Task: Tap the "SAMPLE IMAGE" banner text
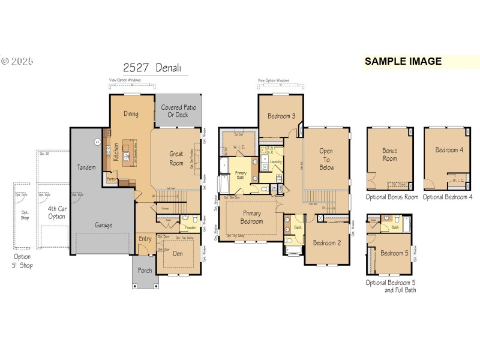click(403, 61)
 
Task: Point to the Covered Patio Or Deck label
click(178, 111)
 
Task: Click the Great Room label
click(176, 158)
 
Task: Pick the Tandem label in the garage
click(86, 167)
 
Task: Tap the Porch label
click(145, 271)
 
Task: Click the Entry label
click(145, 239)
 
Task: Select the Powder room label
click(190, 227)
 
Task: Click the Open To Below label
click(326, 160)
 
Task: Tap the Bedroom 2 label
click(327, 242)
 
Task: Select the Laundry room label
click(276, 161)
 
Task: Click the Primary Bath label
click(240, 175)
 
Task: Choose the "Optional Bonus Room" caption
click(392, 197)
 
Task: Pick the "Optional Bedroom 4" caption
click(448, 197)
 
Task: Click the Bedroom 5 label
click(394, 253)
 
